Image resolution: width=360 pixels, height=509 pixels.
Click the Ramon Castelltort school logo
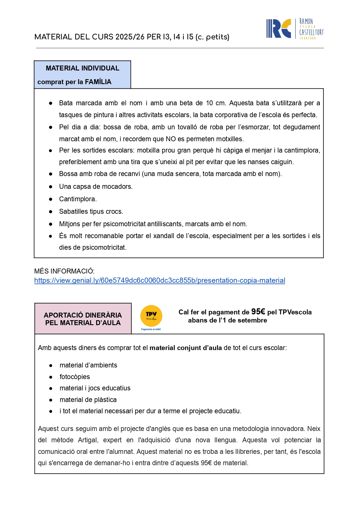[294, 29]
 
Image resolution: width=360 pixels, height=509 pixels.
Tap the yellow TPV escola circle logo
[151, 316]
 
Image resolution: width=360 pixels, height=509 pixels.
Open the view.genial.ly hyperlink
[160, 280]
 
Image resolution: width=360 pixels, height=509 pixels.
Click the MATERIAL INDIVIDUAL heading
[83, 68]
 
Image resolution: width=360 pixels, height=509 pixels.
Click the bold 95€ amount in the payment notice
[258, 312]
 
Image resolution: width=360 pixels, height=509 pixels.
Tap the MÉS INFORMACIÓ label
[64, 271]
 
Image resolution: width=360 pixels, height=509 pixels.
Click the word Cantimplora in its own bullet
[77, 199]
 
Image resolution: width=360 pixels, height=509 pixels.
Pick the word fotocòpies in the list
[75, 377]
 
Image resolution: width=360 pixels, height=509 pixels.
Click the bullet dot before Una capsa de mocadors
[51, 186]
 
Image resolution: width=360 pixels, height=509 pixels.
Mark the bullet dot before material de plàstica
[51, 400]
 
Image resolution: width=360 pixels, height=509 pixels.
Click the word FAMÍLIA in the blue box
[98, 82]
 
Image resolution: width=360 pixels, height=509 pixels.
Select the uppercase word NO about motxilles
[171, 139]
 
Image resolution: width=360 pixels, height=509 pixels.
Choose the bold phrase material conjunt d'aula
[186, 348]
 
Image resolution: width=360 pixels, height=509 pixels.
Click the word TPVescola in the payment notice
[295, 312]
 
